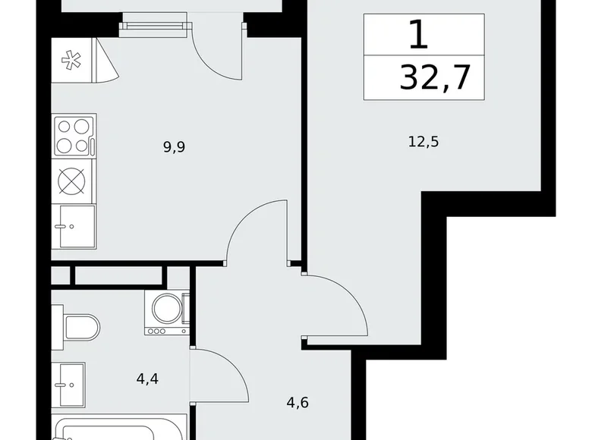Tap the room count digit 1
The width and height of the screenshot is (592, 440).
pos(416,34)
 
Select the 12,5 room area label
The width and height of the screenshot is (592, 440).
pos(424,140)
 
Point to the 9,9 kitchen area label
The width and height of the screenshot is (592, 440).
pos(174,147)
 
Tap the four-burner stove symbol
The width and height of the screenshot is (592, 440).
pos(73,135)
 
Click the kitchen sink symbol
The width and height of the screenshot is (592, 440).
pos(73,226)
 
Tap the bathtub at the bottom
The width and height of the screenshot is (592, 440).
pos(121,429)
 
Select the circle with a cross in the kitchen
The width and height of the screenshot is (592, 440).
pos(73,181)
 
